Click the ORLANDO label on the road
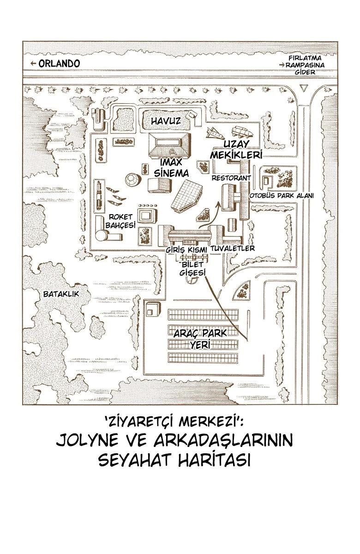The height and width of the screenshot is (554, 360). [x=60, y=64]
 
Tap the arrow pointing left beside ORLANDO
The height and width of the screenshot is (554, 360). [x=33, y=64]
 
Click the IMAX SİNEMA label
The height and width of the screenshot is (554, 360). [x=171, y=168]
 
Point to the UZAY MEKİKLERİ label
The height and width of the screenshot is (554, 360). [x=236, y=150]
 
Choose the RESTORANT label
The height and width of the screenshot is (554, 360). [x=231, y=178]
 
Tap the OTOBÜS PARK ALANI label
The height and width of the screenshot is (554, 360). [x=282, y=196]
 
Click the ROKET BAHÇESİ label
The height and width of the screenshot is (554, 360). [x=120, y=221]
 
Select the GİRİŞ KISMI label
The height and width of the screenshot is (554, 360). [x=186, y=250]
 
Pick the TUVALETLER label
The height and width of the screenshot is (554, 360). [x=233, y=248]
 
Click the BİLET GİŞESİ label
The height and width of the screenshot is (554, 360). [x=192, y=269]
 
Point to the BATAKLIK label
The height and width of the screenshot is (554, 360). [x=61, y=294]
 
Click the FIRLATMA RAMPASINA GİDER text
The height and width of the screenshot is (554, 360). [x=305, y=65]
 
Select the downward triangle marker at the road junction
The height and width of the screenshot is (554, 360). [x=303, y=88]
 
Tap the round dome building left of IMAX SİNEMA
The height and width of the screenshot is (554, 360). [x=133, y=180]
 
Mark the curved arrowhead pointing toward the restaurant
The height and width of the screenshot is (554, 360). [x=218, y=204]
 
